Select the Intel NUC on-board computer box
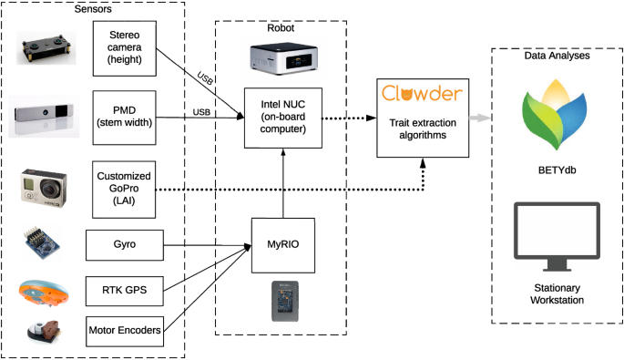coord(286,118)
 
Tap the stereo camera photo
coord(44,50)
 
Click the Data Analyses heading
coord(557,56)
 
